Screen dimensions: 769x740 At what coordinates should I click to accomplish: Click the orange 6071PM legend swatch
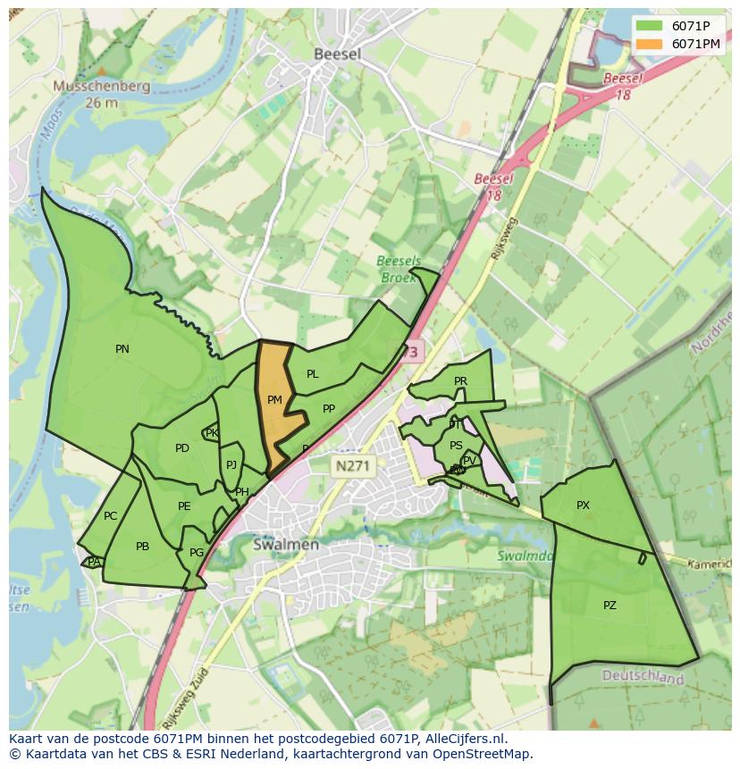[650, 44]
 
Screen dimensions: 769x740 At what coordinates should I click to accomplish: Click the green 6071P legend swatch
[650, 26]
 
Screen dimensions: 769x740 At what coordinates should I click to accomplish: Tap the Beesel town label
[337, 54]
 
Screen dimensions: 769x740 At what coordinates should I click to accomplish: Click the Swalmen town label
[285, 544]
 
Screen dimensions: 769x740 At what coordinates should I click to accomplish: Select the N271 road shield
[355, 465]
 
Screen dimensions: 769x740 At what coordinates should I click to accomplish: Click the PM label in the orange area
[274, 400]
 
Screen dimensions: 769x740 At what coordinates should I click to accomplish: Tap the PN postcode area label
[122, 349]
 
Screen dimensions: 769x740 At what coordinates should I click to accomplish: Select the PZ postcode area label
[610, 605]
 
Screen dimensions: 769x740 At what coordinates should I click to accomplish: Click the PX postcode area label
[583, 506]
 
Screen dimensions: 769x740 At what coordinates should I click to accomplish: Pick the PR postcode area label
[460, 381]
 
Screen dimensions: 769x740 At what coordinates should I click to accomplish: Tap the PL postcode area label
[312, 374]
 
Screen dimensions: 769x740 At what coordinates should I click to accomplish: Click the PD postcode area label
[182, 448]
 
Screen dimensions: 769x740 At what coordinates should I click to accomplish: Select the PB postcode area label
[142, 547]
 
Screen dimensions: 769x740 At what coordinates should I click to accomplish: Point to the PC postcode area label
[110, 516]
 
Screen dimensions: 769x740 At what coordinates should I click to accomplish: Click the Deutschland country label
[643, 678]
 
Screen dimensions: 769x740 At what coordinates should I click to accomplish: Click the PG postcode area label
[197, 553]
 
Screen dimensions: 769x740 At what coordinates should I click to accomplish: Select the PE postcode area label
[184, 506]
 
